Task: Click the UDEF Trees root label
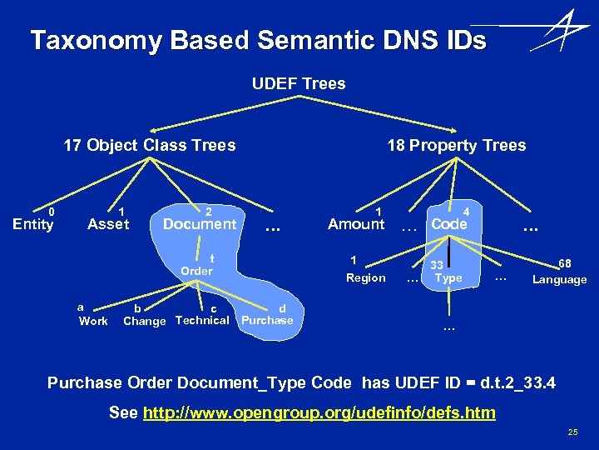click(299, 83)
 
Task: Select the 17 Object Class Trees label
click(150, 145)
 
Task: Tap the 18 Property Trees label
click(456, 145)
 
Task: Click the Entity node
click(33, 223)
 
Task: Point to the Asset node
click(108, 223)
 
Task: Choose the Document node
click(200, 223)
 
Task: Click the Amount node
click(356, 223)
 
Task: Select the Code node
click(449, 224)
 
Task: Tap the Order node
click(197, 271)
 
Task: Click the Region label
click(366, 277)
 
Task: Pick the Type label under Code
click(448, 277)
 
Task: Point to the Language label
click(559, 279)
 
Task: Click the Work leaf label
click(93, 321)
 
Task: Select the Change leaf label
click(145, 321)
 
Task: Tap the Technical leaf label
click(202, 320)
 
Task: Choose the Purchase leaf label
click(266, 320)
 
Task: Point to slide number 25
click(572, 432)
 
